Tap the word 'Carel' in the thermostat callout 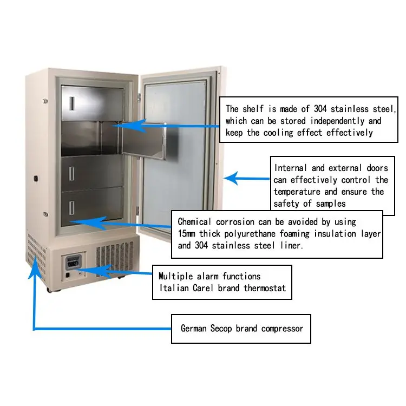[x=204, y=288]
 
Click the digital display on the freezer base [x=73, y=264]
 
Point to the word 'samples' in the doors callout [x=328, y=204]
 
